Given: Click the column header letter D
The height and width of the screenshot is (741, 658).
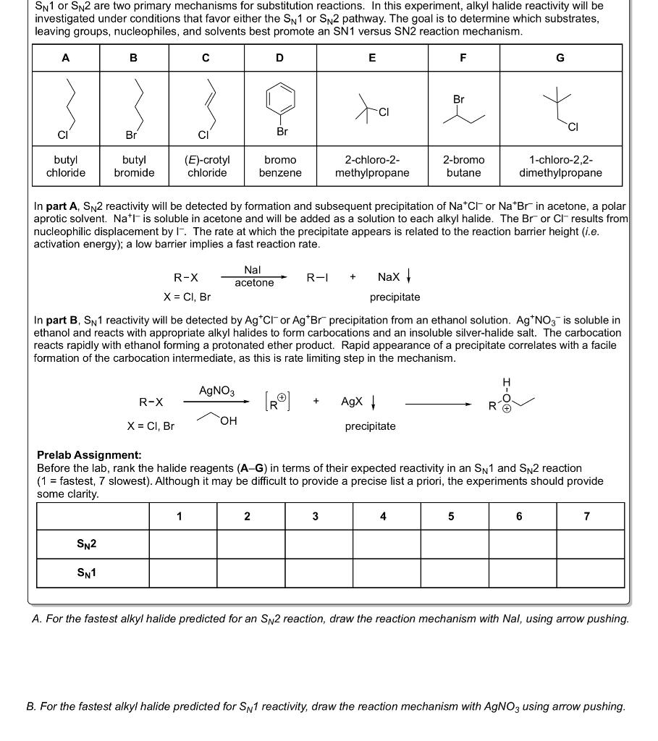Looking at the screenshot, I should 279,58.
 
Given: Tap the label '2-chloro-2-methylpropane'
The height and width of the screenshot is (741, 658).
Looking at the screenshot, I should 372,166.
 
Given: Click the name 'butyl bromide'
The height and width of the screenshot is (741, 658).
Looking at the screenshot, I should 134,166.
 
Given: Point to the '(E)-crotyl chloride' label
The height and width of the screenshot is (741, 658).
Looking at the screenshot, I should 207,166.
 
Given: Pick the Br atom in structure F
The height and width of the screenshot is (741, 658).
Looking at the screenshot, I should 459,99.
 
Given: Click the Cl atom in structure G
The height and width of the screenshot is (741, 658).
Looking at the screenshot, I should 573,127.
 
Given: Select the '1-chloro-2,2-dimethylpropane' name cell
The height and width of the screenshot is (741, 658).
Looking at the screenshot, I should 560,166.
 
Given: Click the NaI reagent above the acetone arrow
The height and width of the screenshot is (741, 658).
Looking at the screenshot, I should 253,269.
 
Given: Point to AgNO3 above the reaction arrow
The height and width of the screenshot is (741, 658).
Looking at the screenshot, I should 216,391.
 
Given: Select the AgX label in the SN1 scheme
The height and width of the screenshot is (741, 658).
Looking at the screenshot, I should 352,402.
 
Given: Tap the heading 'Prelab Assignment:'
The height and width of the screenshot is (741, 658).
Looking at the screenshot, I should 89,455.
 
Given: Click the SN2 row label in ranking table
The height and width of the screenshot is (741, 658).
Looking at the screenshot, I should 87,544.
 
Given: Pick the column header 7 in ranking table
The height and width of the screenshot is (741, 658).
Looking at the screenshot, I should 586,516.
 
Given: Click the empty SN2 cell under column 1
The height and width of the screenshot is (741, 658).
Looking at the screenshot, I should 182,544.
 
